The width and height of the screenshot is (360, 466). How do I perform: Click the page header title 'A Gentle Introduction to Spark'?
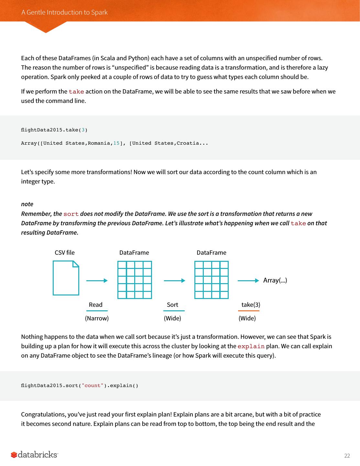tap(64, 12)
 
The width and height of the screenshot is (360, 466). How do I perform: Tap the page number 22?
tap(347, 456)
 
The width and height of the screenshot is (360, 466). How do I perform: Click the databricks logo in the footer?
tap(35, 455)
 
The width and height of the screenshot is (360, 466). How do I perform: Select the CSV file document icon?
tap(66, 278)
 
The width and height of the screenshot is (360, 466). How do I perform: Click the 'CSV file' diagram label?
tap(64, 253)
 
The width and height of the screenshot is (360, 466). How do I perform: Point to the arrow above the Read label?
tap(97, 281)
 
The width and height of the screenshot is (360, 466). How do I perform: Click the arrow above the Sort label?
tap(174, 281)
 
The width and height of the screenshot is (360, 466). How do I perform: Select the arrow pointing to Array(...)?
tap(248, 281)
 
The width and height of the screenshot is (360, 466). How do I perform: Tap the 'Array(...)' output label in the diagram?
tap(275, 280)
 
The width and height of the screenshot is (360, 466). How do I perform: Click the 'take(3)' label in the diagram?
tap(251, 305)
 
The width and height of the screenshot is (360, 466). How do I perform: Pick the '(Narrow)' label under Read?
tap(97, 318)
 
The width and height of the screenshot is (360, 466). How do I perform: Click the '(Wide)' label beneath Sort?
tap(172, 318)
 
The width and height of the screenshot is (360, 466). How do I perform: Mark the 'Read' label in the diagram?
tap(95, 305)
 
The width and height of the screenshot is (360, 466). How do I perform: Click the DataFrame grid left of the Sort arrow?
tap(135, 280)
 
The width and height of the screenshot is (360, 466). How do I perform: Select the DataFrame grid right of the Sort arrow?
tap(212, 280)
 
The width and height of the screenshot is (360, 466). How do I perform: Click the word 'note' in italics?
tap(27, 204)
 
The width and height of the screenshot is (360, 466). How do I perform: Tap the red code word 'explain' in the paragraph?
tap(251, 346)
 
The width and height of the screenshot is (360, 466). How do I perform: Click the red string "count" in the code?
tap(93, 385)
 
